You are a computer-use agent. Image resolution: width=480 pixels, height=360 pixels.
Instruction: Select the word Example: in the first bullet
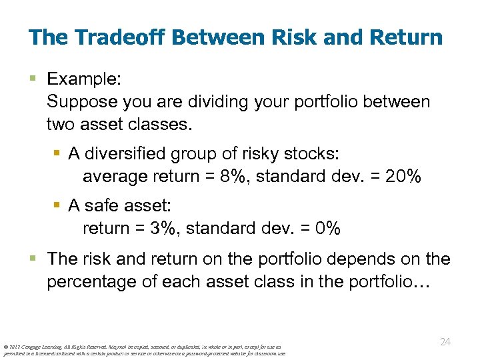pos(84,79)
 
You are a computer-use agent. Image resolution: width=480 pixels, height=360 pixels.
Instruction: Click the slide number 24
pos(445,342)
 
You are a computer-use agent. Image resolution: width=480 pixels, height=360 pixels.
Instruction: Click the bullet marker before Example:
pos(34,79)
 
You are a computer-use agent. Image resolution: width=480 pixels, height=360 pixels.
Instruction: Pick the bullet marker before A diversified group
pos(58,154)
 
